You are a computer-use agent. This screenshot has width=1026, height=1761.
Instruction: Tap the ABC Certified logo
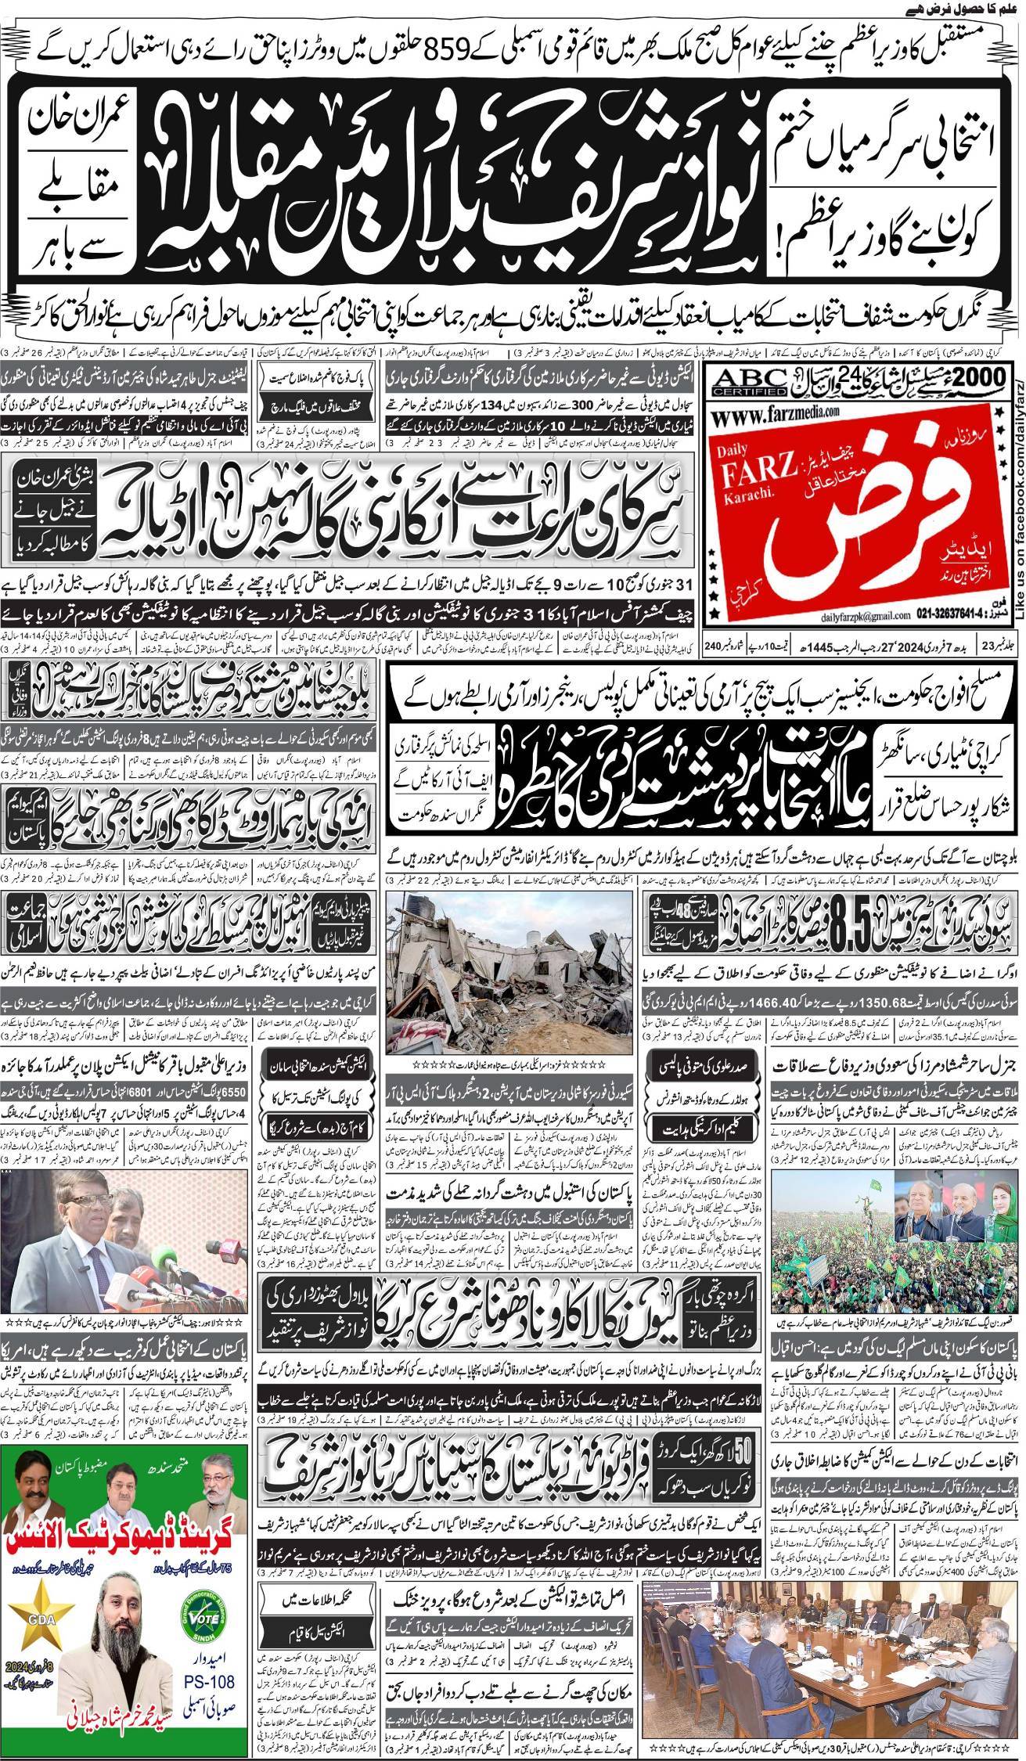click(747, 381)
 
